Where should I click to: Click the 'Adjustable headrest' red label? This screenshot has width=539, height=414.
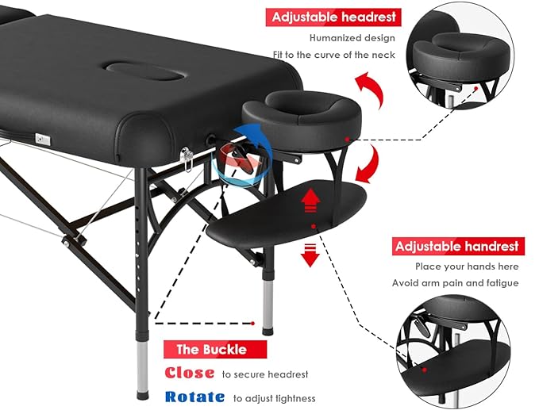333,17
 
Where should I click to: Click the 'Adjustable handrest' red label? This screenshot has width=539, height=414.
456,247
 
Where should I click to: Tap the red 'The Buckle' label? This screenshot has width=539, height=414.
211,349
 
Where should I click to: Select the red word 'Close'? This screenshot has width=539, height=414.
190,373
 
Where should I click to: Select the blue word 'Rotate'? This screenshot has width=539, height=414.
194,398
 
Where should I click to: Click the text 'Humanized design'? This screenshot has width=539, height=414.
352,37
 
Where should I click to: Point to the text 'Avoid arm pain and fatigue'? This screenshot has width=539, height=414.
455,283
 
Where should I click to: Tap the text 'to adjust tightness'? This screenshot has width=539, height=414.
274,398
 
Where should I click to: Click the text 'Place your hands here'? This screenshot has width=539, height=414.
456,266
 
